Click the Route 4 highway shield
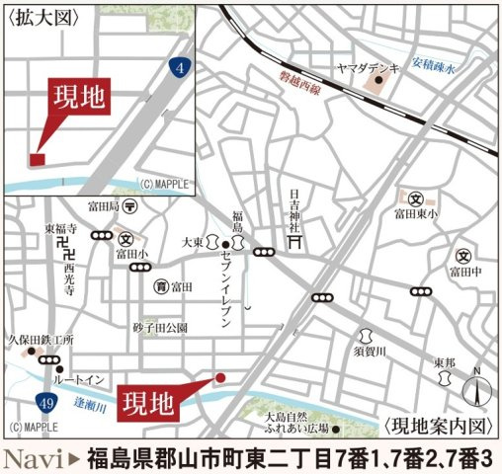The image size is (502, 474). pos(179,68)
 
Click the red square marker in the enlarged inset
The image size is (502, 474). pos(37,159)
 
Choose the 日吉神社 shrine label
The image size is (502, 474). pos(294,208)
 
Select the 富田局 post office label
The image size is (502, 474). pos(102,207)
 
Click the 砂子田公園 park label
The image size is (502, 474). pos(160,327)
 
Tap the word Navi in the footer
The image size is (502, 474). pos(36,457)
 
